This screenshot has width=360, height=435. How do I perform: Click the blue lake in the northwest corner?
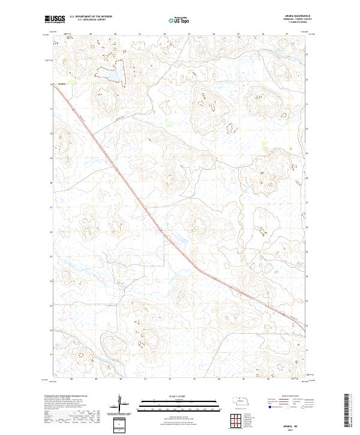112,76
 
